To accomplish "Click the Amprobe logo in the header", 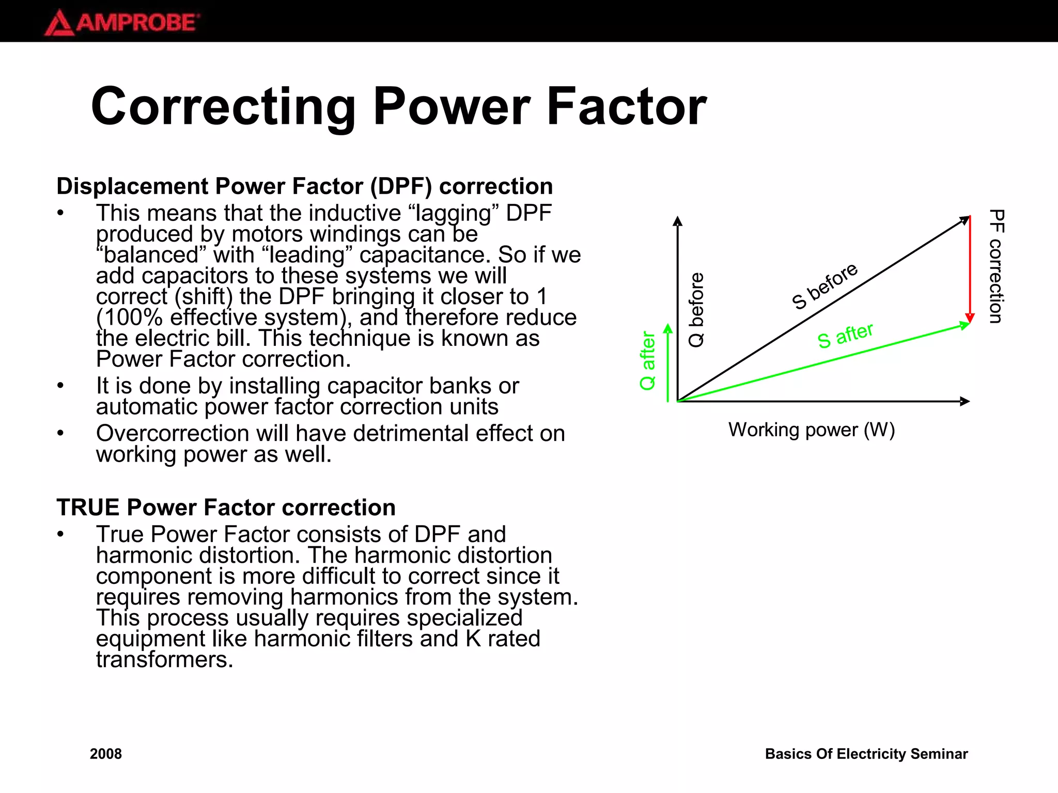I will click(x=122, y=23).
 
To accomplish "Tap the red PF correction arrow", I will click(x=970, y=268).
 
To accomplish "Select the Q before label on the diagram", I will click(x=696, y=310).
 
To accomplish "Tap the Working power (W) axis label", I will click(x=811, y=430).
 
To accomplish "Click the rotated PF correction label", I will click(x=996, y=266).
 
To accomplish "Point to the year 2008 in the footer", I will click(x=106, y=754).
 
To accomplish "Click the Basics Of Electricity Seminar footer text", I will click(x=866, y=754).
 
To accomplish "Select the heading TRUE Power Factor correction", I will click(x=226, y=507).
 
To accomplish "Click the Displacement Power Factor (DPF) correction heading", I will click(x=304, y=186).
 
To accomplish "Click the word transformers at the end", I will click(x=164, y=660).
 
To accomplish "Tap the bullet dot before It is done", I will click(x=60, y=386).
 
